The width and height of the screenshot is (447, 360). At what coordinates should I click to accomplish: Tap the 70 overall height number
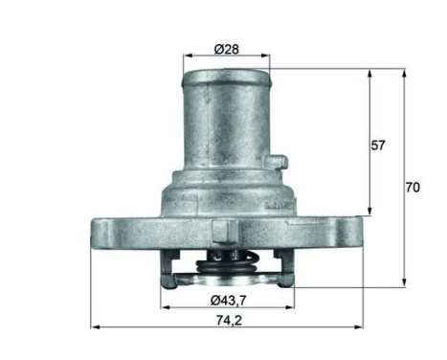point(413,188)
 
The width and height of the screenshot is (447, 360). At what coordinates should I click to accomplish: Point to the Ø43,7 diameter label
point(226,300)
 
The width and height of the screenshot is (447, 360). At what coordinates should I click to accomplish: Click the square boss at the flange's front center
point(222,232)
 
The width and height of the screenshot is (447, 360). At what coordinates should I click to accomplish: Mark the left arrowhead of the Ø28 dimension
point(186,56)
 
